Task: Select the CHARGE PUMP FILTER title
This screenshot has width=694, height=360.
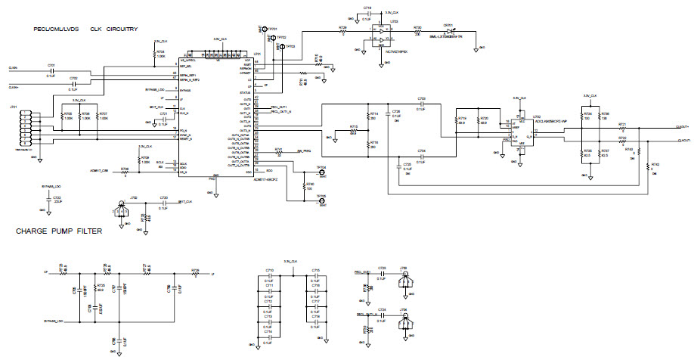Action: click(x=59, y=232)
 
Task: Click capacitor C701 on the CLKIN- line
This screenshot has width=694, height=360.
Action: click(x=51, y=70)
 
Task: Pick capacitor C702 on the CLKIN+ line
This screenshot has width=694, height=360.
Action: click(x=73, y=82)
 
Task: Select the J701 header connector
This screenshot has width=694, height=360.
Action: click(x=26, y=126)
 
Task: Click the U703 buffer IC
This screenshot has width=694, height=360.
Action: click(x=383, y=35)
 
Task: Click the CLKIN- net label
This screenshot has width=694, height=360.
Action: click(x=14, y=70)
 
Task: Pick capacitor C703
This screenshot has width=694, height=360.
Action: click(x=421, y=103)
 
